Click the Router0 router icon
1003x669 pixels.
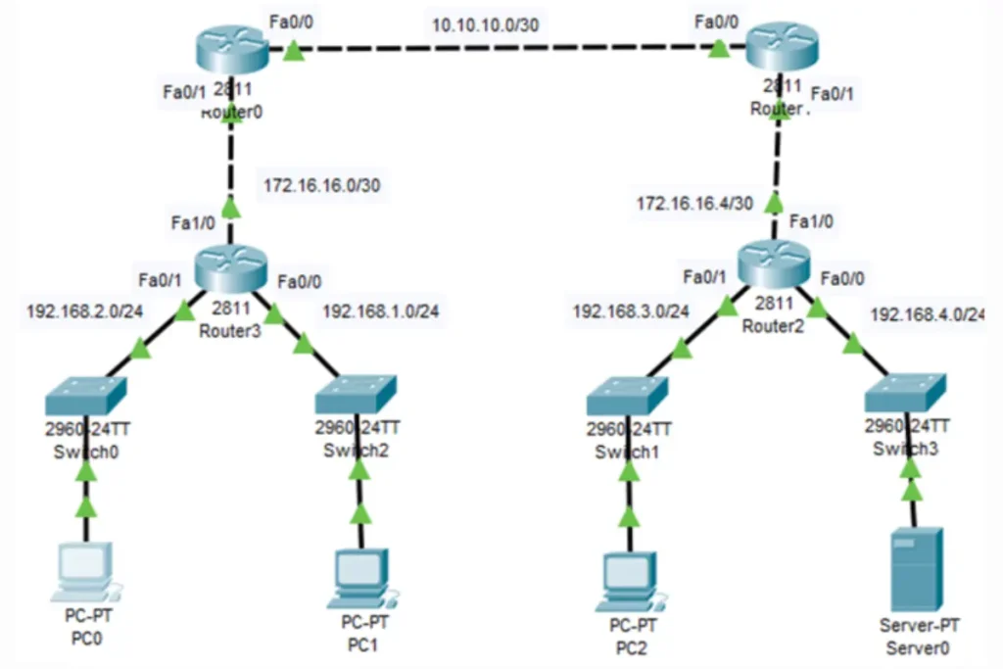231,49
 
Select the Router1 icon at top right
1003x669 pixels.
782,49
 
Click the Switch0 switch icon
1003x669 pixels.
86,397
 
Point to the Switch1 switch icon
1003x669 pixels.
628,397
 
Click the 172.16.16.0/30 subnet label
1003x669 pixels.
321,185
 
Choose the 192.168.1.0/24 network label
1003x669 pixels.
381,311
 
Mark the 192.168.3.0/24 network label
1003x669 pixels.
631,311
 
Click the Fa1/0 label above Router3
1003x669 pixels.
192,222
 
